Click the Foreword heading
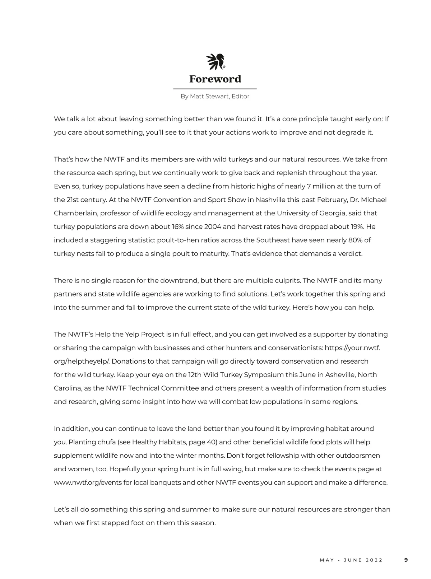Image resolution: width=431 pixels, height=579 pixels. click(215, 79)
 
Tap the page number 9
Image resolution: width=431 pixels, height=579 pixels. click(406, 560)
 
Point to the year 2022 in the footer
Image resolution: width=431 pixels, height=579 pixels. click(374, 560)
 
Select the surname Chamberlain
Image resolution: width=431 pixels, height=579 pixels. click(75, 213)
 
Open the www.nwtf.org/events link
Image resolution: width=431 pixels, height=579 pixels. click(88, 482)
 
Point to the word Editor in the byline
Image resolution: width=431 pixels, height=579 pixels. click(240, 97)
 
